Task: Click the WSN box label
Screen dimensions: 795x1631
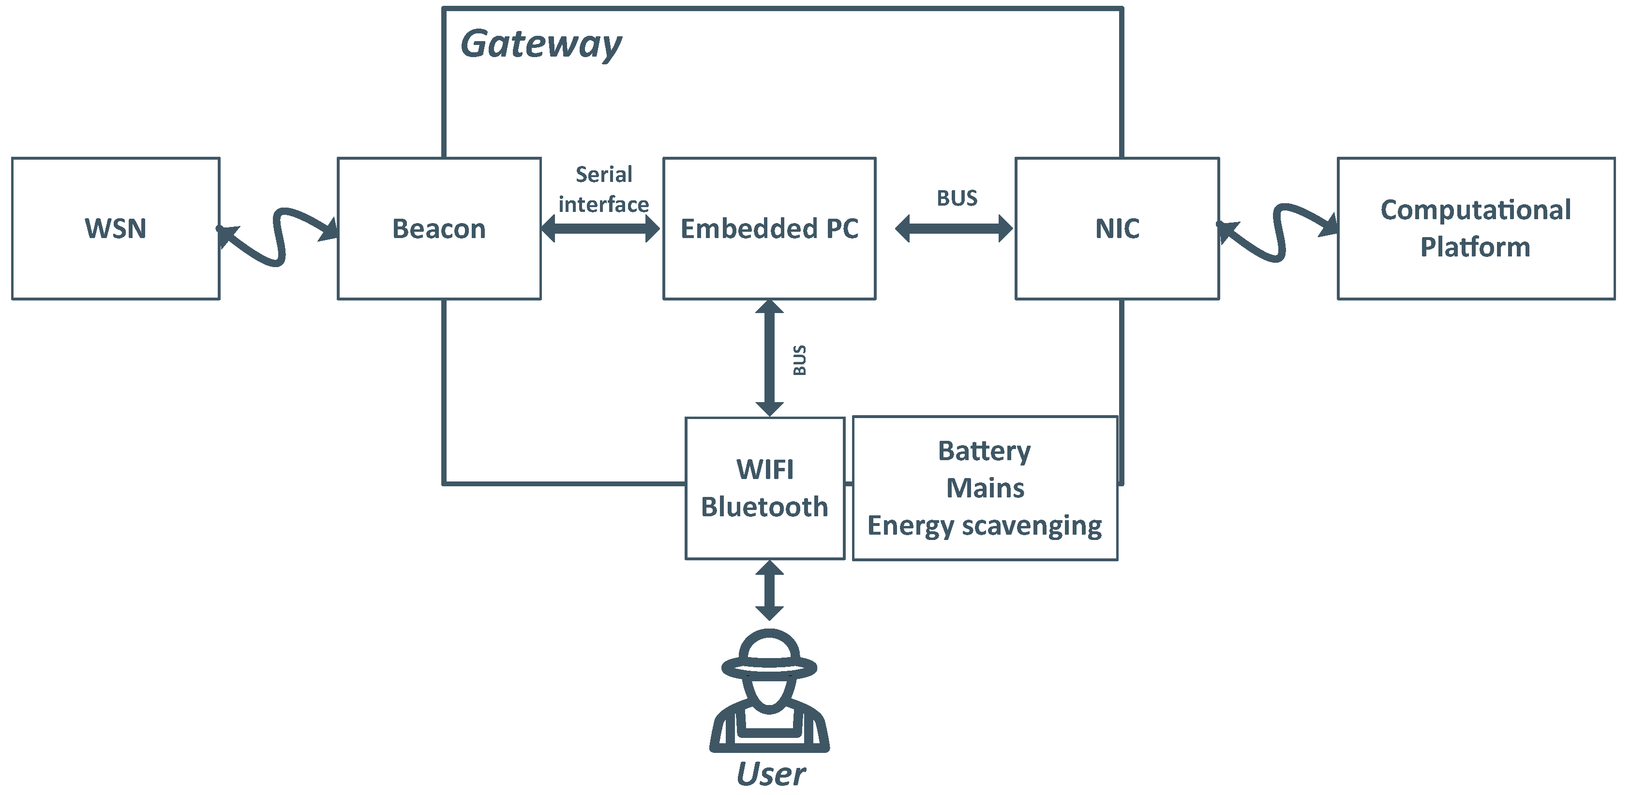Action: pyautogui.click(x=115, y=228)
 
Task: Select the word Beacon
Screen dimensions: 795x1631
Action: pyautogui.click(x=439, y=228)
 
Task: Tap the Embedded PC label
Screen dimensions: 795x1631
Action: pyautogui.click(x=769, y=228)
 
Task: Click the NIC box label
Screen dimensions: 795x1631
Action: pyautogui.click(x=1118, y=228)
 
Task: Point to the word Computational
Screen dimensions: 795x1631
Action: pyautogui.click(x=1475, y=210)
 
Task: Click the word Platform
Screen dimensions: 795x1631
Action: pyautogui.click(x=1475, y=247)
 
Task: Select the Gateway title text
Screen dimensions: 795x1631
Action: pyautogui.click(x=541, y=45)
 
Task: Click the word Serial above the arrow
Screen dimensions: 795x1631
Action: pyautogui.click(x=603, y=175)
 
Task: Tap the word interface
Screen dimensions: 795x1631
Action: pyautogui.click(x=603, y=205)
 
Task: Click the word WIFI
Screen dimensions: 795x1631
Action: pyautogui.click(x=765, y=470)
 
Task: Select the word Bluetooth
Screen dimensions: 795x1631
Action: pyautogui.click(x=765, y=507)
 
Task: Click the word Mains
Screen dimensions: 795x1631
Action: pyautogui.click(x=985, y=488)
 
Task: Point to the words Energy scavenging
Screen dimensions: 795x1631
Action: pyautogui.click(x=985, y=526)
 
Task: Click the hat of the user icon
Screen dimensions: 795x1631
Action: pyautogui.click(x=769, y=655)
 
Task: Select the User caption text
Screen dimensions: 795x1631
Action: pyautogui.click(x=771, y=774)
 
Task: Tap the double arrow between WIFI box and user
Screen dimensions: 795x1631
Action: pyautogui.click(x=769, y=590)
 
